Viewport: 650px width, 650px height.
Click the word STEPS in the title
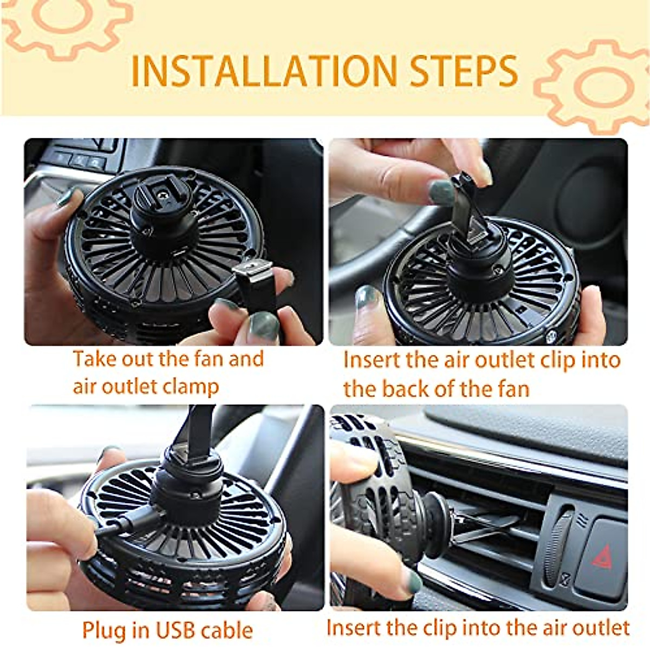[463, 71]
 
